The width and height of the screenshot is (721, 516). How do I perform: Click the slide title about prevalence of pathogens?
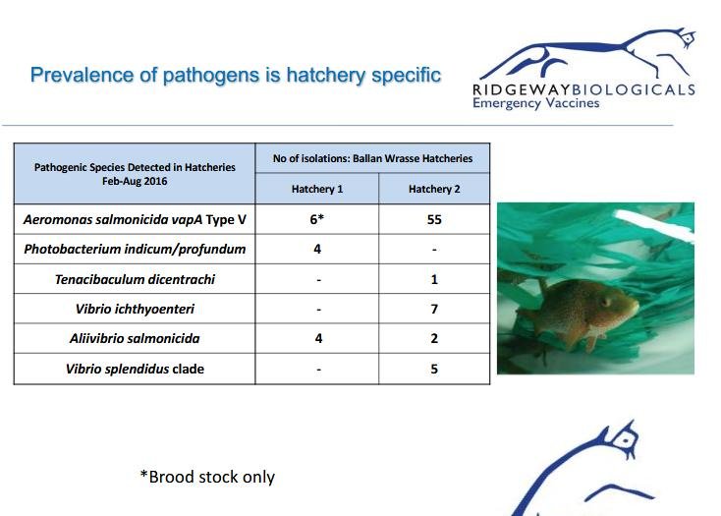point(236,75)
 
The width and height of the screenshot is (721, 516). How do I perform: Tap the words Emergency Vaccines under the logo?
point(535,103)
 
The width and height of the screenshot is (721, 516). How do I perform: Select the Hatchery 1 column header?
point(317,189)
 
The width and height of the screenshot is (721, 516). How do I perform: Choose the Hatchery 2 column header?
point(434,189)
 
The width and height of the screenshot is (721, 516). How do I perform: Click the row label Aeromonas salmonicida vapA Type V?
point(135,219)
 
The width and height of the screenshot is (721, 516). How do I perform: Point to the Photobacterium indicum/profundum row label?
point(135,250)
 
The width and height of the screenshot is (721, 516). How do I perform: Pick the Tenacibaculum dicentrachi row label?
point(135,279)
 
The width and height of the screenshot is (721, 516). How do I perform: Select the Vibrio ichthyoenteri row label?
point(135,309)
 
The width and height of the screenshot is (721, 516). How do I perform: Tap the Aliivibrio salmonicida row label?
point(135,338)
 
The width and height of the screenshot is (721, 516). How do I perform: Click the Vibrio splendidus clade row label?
point(135,369)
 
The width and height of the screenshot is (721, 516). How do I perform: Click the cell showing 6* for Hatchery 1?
point(317,219)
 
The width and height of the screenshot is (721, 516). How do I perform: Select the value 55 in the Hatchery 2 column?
point(434,219)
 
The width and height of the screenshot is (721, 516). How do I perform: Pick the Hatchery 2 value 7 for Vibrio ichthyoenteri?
point(434,309)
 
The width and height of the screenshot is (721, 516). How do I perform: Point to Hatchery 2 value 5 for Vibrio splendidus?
point(434,369)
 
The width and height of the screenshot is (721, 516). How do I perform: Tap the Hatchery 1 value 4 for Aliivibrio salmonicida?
point(318,338)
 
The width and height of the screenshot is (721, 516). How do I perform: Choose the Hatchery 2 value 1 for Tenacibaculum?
point(434,279)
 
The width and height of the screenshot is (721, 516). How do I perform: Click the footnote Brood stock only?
point(207,477)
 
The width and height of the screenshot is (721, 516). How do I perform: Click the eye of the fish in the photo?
point(606,302)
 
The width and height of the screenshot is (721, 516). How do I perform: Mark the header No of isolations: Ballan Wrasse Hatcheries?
point(372,158)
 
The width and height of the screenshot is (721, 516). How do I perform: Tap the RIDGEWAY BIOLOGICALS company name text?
point(584,89)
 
